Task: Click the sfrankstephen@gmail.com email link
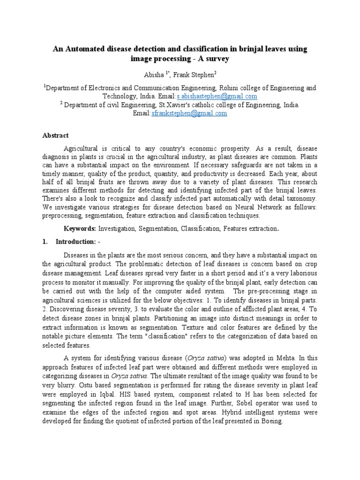pos(189,113)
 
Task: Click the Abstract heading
pos(55,135)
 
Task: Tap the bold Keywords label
pos(80,228)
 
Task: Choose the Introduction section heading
pos(75,241)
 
